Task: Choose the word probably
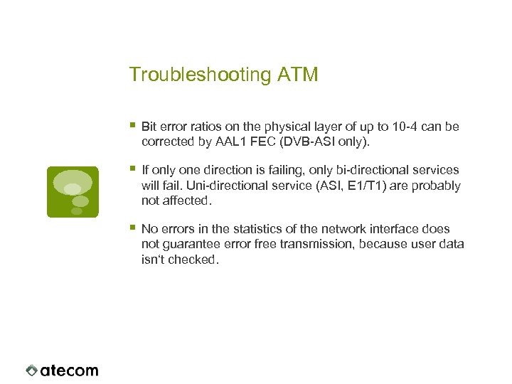437,186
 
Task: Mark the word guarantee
188,244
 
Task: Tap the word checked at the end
195,260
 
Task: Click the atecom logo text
69,370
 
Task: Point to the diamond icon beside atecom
31,370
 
